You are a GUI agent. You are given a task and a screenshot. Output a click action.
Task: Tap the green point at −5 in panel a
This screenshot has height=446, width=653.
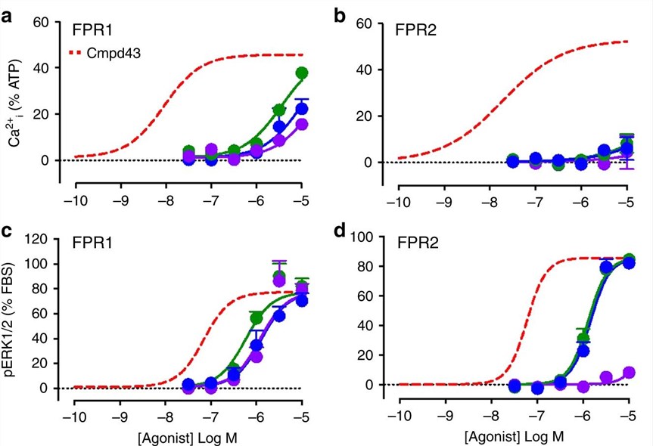tap(302, 73)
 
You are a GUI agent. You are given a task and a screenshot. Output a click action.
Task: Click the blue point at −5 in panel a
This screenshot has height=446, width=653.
tap(302, 108)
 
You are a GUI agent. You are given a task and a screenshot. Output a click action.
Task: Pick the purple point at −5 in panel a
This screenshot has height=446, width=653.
tap(302, 124)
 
